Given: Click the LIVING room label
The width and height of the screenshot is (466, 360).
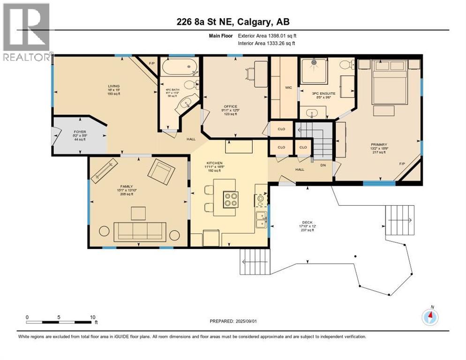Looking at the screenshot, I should click(113, 86).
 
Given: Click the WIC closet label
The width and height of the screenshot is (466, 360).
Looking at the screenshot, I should click(289, 87).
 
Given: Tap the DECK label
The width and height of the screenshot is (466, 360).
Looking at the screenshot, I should click(307, 223).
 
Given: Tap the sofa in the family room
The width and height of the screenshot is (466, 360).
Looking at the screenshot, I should click(140, 230).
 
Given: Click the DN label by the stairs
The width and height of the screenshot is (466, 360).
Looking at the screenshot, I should click(322, 165).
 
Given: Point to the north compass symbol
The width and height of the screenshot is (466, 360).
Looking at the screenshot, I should click(429, 317).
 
